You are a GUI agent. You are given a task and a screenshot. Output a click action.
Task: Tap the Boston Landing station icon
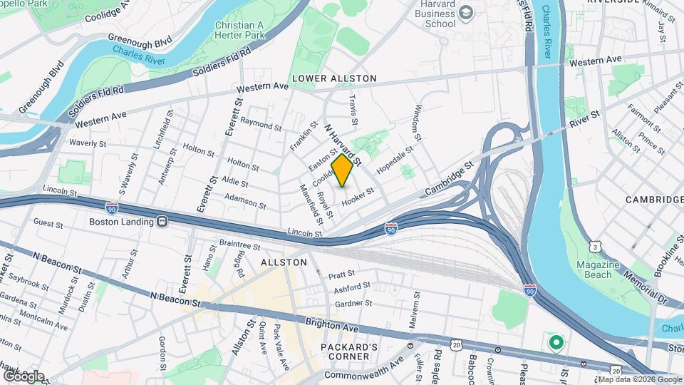point(162,222)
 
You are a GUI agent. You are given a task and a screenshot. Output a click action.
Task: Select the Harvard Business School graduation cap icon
point(465,12)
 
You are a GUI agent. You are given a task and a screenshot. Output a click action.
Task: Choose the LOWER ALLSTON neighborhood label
point(333,77)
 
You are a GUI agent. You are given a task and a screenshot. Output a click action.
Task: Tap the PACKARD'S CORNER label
point(345,351)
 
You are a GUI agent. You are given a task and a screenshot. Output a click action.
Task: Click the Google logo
point(24,376)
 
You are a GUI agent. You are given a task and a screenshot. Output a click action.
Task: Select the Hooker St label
point(358,197)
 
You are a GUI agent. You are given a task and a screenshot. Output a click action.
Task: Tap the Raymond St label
point(261,124)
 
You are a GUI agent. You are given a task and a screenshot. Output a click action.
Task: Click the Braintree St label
point(240,245)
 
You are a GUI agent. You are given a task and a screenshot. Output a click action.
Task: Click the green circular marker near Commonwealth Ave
point(556,343)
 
